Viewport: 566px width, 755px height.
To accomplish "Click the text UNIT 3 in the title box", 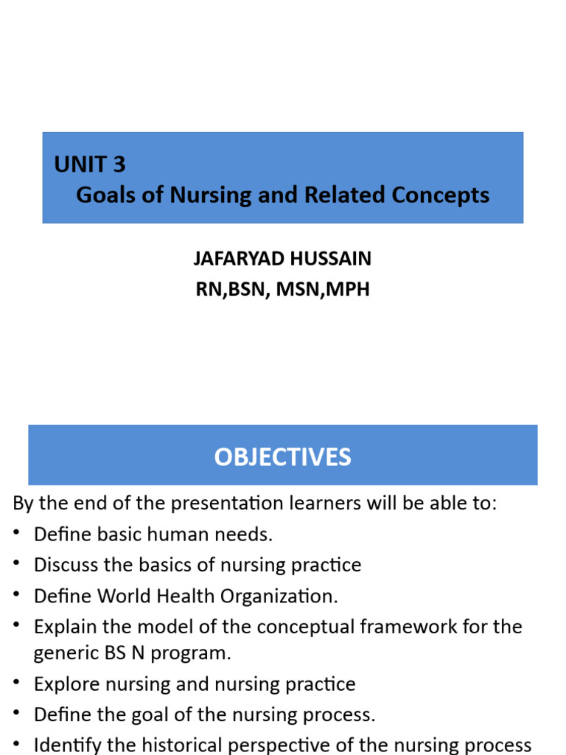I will pos(90,164).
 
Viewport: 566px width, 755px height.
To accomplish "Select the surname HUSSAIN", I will pos(329,259).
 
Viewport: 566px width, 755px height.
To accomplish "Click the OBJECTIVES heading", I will pos(282,457).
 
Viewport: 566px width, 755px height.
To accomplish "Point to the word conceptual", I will pos(302,627).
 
